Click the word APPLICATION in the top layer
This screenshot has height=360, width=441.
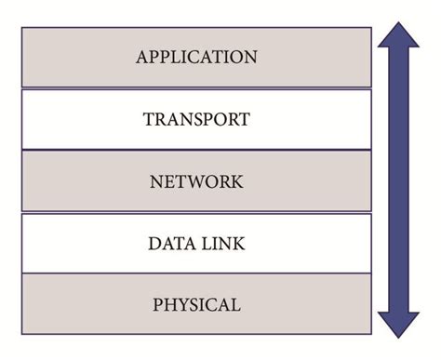(195, 58)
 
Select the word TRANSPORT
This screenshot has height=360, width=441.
(195, 120)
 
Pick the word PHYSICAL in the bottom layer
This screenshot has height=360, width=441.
(195, 305)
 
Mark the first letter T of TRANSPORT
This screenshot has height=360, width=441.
(149, 120)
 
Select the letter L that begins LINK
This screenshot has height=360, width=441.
(203, 244)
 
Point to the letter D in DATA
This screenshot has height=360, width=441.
(154, 244)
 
